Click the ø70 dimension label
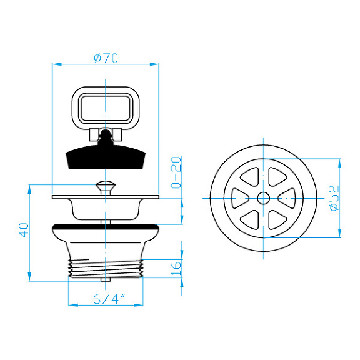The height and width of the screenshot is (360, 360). click(x=106, y=58)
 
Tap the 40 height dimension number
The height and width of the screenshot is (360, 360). click(x=24, y=229)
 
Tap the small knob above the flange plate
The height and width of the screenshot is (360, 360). click(x=106, y=185)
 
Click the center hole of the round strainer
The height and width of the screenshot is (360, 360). click(x=263, y=198)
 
